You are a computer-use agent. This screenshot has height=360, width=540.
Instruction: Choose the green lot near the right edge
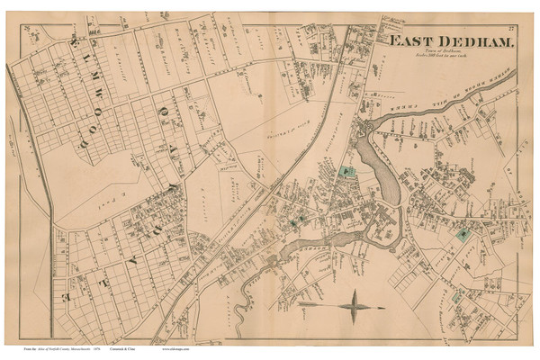click(462, 234)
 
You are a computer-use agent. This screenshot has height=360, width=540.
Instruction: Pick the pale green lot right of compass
click(458, 296)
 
